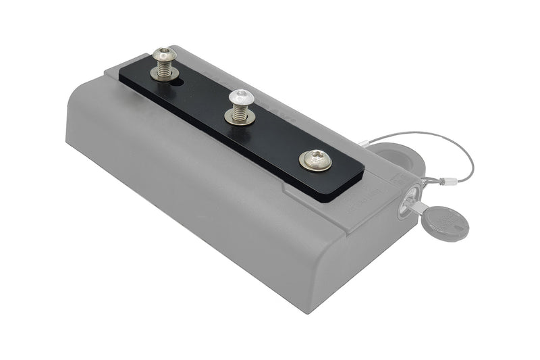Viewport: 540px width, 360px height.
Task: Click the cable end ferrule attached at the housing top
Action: point(364,143)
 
